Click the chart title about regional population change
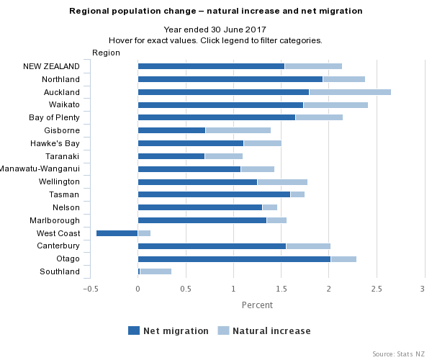click(216, 12)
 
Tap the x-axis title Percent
click(257, 305)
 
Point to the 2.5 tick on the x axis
click(376, 289)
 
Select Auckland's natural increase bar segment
click(350, 92)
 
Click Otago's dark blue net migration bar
click(234, 258)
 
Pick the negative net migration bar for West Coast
click(117, 233)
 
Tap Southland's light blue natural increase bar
click(156, 271)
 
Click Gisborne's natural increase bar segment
click(238, 130)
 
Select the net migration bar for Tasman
click(214, 194)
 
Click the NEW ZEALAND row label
click(51, 66)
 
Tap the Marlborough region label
click(55, 220)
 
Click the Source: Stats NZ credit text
click(398, 354)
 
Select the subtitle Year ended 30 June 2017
click(215, 30)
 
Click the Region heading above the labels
click(106, 53)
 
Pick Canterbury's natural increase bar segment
click(308, 246)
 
